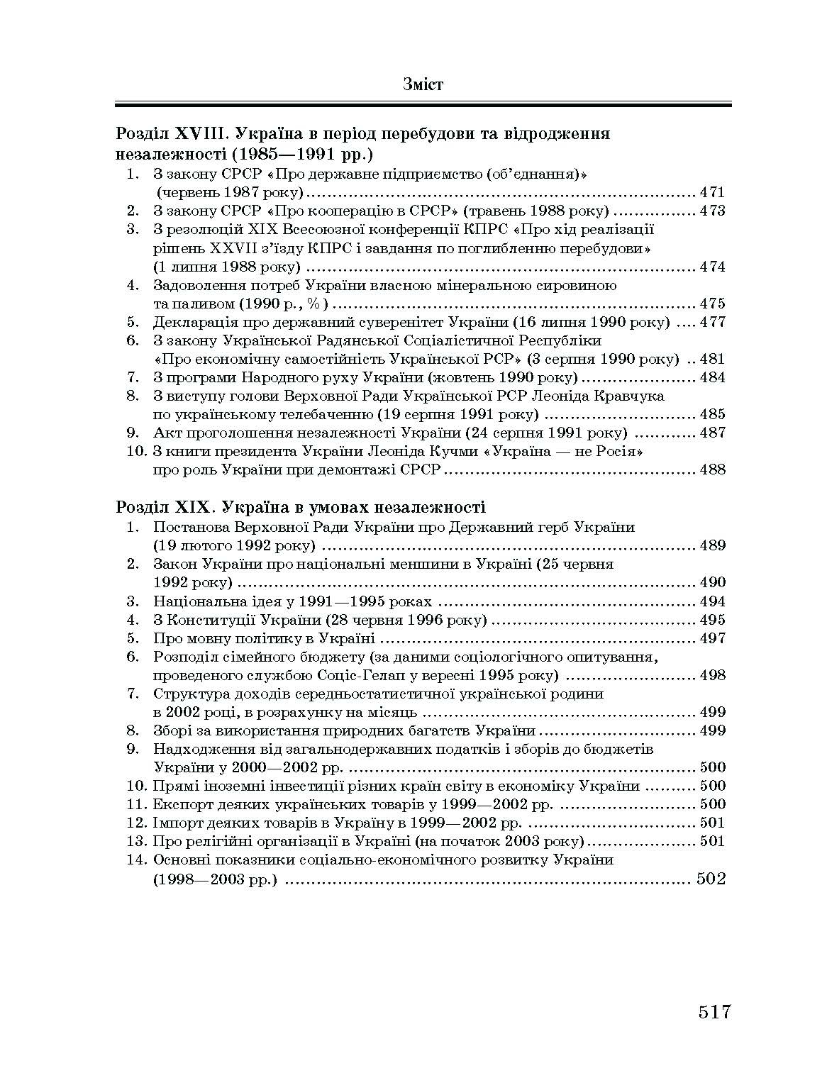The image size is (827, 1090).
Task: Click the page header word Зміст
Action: (423, 84)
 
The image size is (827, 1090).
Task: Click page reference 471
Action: (712, 192)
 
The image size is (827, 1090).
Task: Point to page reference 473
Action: (712, 211)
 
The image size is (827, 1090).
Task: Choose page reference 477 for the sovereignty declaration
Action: (712, 322)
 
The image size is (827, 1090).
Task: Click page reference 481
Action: (712, 359)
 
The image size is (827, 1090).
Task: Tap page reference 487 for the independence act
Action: (712, 433)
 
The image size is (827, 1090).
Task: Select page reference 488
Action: (712, 469)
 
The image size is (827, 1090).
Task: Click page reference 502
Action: (711, 879)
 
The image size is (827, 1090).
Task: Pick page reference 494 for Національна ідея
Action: (712, 601)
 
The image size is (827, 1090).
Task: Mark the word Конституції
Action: (211, 620)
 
